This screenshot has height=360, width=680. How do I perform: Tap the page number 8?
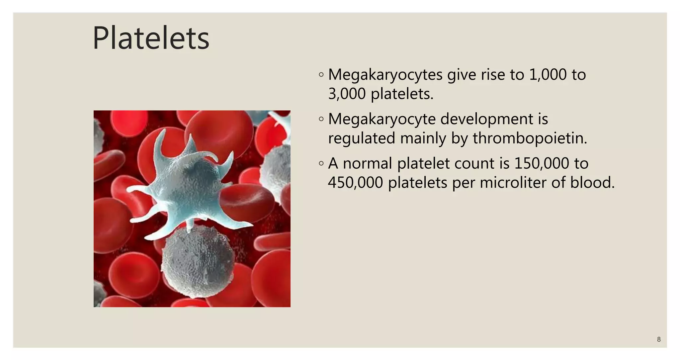[x=659, y=339]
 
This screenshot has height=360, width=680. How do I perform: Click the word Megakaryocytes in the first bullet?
[x=385, y=75]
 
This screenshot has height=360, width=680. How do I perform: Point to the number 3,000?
[x=347, y=94]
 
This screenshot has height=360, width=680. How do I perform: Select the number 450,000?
[x=355, y=183]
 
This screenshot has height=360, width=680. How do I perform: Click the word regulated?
[x=361, y=138]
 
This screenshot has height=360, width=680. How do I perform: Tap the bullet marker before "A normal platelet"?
[x=321, y=163]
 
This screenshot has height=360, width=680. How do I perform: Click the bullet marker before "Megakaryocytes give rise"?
[x=321, y=75]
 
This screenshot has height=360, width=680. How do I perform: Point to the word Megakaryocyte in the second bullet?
[x=382, y=119]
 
